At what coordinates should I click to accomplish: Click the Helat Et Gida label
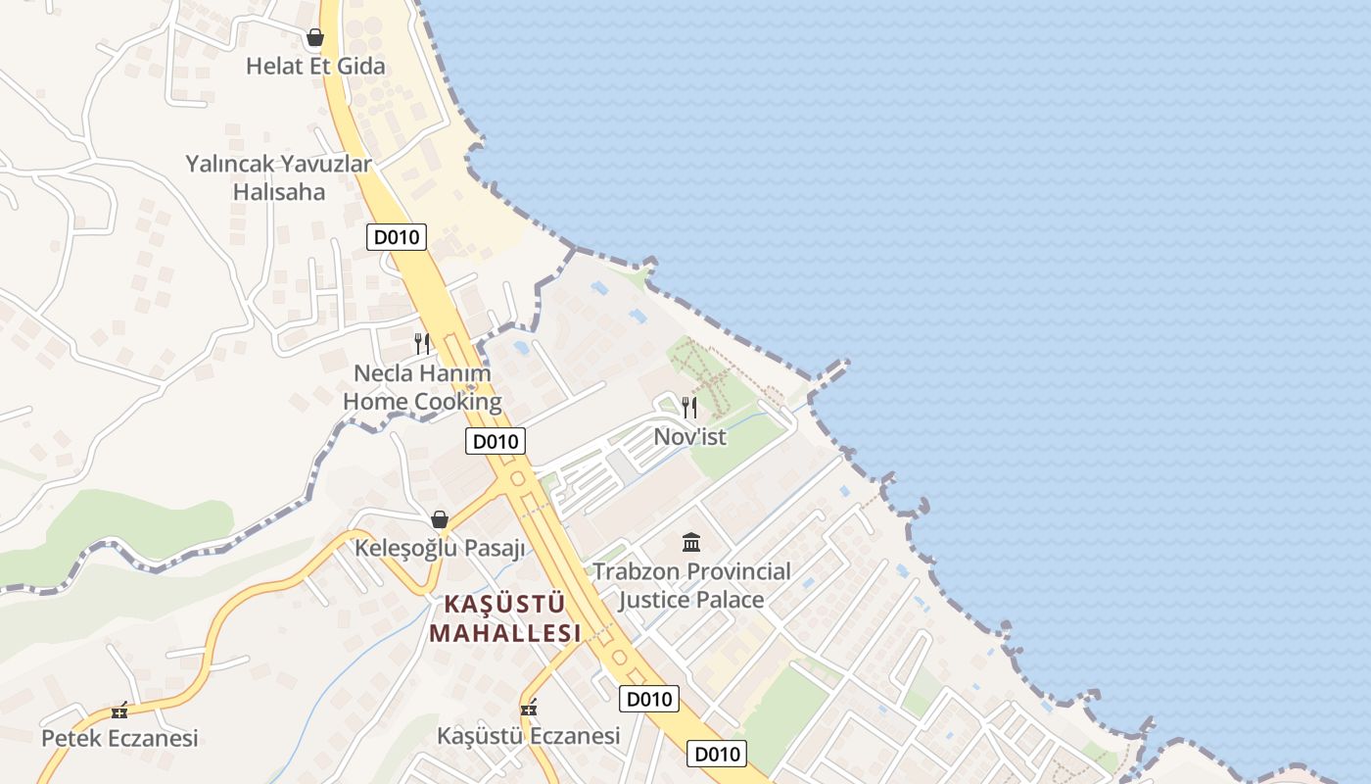coord(314,67)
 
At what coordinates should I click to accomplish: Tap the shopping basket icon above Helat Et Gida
coord(314,38)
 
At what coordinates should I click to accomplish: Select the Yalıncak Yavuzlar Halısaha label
coord(279,177)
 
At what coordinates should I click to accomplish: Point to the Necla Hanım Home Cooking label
coord(422,387)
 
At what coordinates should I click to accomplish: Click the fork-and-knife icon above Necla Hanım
coord(422,344)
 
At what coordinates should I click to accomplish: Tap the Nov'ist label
coord(689,437)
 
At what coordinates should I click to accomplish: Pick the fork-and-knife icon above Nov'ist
coord(689,408)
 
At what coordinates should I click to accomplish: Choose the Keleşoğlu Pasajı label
coord(441,548)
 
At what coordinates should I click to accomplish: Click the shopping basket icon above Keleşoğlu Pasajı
coord(440,519)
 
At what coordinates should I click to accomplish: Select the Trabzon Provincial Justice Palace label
coord(691,585)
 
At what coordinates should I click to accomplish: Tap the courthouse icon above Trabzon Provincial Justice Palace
coord(691,542)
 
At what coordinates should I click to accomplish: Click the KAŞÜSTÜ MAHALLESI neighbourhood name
coord(505,617)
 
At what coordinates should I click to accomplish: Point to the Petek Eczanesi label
coord(119,738)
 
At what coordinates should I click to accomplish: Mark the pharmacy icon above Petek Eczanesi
coord(119,710)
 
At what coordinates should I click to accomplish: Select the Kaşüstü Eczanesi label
coord(529,735)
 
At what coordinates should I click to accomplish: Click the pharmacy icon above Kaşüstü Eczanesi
coord(530,708)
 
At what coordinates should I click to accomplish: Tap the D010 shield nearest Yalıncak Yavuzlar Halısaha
coord(397,237)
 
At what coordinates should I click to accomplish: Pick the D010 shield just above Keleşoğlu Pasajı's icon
coord(495,441)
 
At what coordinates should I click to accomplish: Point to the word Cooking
coord(457,402)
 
